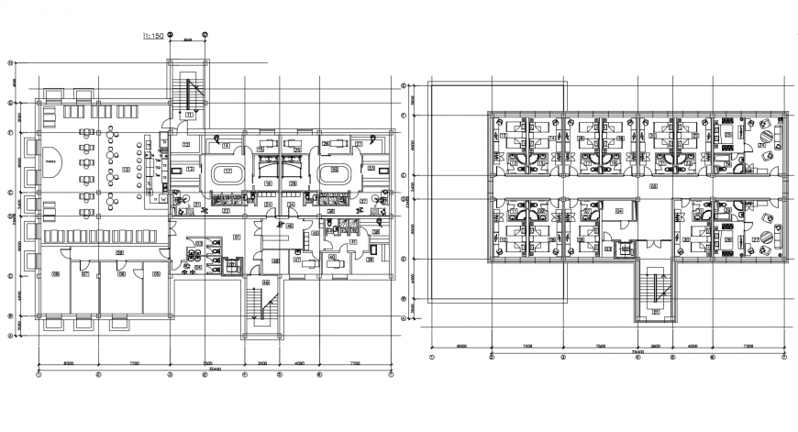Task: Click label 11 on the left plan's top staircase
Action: pos(189,115)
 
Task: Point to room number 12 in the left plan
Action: pos(185,145)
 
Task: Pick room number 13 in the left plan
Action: pos(190,170)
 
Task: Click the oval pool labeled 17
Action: pos(227,172)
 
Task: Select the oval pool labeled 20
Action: pos(334,172)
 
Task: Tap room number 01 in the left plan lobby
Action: pos(237,237)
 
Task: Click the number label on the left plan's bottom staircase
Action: pos(266,282)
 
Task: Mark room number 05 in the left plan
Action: pos(156,274)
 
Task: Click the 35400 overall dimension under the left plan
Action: pos(207,367)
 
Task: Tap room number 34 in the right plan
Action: pos(619,211)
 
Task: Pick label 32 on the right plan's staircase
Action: pos(656,311)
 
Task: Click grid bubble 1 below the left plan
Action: pos(39,374)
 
